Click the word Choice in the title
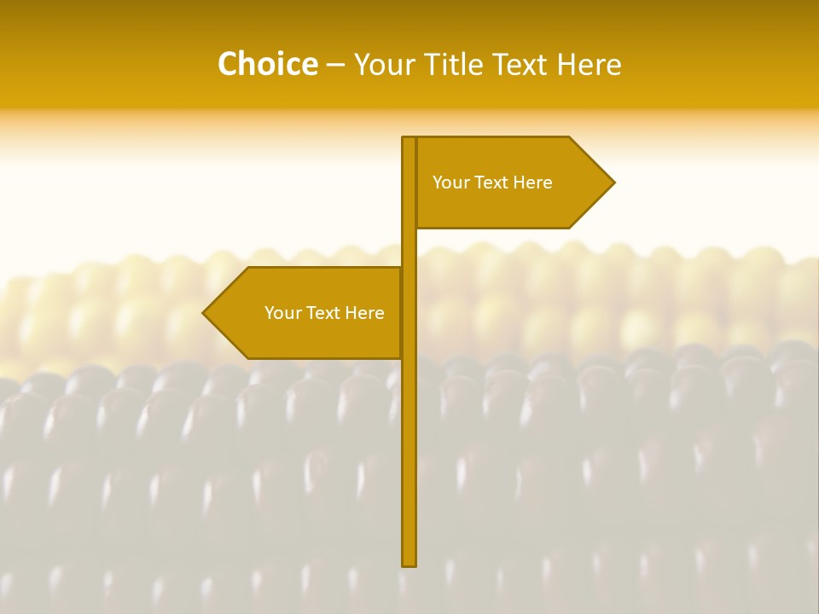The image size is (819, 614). [x=267, y=64]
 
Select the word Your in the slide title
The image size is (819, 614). [x=384, y=64]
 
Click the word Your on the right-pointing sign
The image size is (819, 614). [x=451, y=182]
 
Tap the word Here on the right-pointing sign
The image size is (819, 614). [x=533, y=182]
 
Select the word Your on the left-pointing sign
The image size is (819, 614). [x=283, y=313]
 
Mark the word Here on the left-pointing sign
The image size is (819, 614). [x=365, y=313]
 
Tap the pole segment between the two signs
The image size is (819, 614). [x=409, y=247]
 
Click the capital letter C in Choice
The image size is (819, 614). [x=228, y=64]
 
